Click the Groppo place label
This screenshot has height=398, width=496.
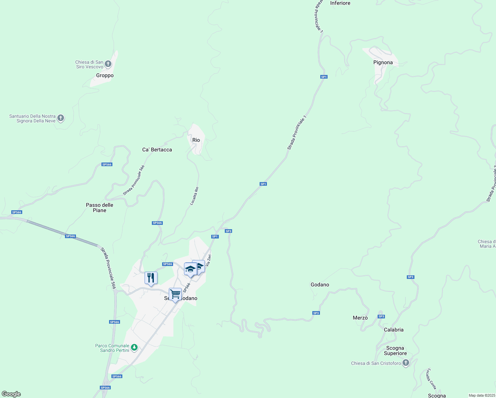pos(105,76)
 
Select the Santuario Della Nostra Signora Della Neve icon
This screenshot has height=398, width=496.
pos(61,118)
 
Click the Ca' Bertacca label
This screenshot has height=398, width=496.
pos(157,150)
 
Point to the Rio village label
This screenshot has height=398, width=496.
pos(196,140)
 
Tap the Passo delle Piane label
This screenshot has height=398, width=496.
pos(99,208)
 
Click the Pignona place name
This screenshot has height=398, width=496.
pos(383,62)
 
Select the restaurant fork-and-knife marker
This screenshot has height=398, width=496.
pos(151,278)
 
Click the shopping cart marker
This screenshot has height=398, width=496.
pos(175,294)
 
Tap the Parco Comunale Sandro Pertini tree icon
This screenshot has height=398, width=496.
pos(134,348)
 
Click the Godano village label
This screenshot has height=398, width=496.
pos(320,285)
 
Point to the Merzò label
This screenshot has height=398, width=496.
pos(360,318)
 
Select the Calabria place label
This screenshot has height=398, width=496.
pos(394,330)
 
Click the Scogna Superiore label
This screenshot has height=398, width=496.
pos(395,351)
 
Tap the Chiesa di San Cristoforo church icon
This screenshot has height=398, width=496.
pos(406,363)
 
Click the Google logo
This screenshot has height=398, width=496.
pos(11,394)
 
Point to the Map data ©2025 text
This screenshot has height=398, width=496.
pos(482,395)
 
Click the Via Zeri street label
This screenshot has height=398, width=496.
pos(208,260)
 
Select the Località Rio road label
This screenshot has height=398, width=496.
pos(194,196)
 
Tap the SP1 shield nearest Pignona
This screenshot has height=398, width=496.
pos(324,77)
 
